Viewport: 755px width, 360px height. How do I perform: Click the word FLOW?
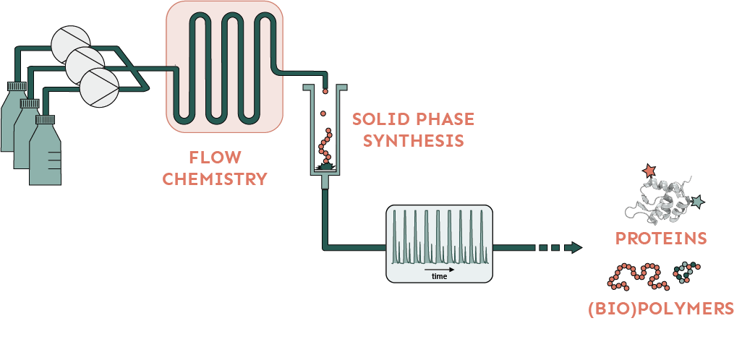(x=215, y=158)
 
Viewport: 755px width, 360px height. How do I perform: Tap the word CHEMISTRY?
(x=215, y=179)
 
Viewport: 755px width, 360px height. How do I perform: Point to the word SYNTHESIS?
(x=413, y=140)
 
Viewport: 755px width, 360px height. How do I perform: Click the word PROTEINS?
(x=660, y=238)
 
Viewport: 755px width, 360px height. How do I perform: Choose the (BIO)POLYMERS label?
(x=661, y=309)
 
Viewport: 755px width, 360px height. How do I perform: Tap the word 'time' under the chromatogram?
(x=439, y=276)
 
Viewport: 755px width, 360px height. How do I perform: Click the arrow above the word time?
(x=439, y=268)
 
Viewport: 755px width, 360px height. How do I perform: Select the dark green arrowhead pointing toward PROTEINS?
(x=575, y=248)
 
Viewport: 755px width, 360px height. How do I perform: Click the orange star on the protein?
(x=648, y=171)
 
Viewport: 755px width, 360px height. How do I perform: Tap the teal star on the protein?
(x=698, y=202)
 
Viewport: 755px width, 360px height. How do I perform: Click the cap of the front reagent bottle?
(x=45, y=120)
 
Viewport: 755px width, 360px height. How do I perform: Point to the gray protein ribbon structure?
(x=662, y=199)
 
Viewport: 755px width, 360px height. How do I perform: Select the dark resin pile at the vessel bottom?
(x=325, y=167)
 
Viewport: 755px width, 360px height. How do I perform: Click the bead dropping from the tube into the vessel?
(x=325, y=91)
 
